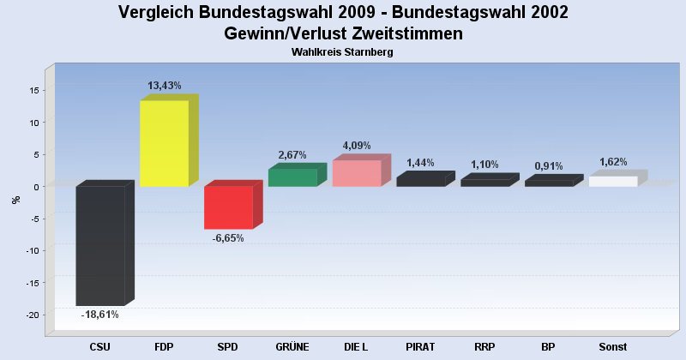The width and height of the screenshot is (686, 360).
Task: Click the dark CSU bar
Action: tap(100, 245)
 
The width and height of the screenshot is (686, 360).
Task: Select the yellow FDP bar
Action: tap(164, 143)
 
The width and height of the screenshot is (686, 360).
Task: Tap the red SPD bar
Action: tap(228, 207)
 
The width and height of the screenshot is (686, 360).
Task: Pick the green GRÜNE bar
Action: tap(292, 177)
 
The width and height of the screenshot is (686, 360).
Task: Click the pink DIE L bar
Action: tap(357, 173)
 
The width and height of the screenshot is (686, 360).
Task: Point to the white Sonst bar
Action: tap(613, 181)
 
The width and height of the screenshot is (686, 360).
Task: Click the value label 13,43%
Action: tap(165, 86)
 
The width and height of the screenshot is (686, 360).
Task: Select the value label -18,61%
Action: tap(99, 315)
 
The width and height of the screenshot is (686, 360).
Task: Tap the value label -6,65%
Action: tap(228, 238)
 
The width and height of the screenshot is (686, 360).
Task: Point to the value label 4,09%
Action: tap(357, 145)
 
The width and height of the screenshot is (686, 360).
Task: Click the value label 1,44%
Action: tap(421, 163)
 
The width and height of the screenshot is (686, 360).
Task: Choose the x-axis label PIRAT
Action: tap(421, 347)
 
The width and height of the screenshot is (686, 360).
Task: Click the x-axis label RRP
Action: tap(484, 347)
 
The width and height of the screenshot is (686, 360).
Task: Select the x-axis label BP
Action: tap(549, 347)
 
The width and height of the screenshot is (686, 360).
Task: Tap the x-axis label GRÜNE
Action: tap(292, 347)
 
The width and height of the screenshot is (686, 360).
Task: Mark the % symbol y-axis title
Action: tap(15, 200)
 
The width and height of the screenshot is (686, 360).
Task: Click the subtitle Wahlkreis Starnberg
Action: tap(342, 52)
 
